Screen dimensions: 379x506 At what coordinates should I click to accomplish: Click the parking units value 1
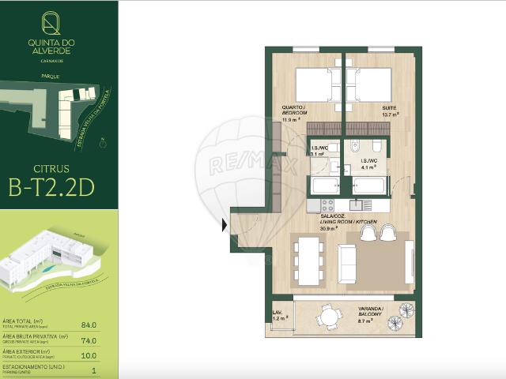click(93, 370)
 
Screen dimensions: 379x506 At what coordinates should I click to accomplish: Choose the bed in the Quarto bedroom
click(316, 84)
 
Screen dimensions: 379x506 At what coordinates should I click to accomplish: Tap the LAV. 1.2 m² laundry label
click(278, 315)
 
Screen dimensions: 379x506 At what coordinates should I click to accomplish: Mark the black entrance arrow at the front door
click(225, 225)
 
